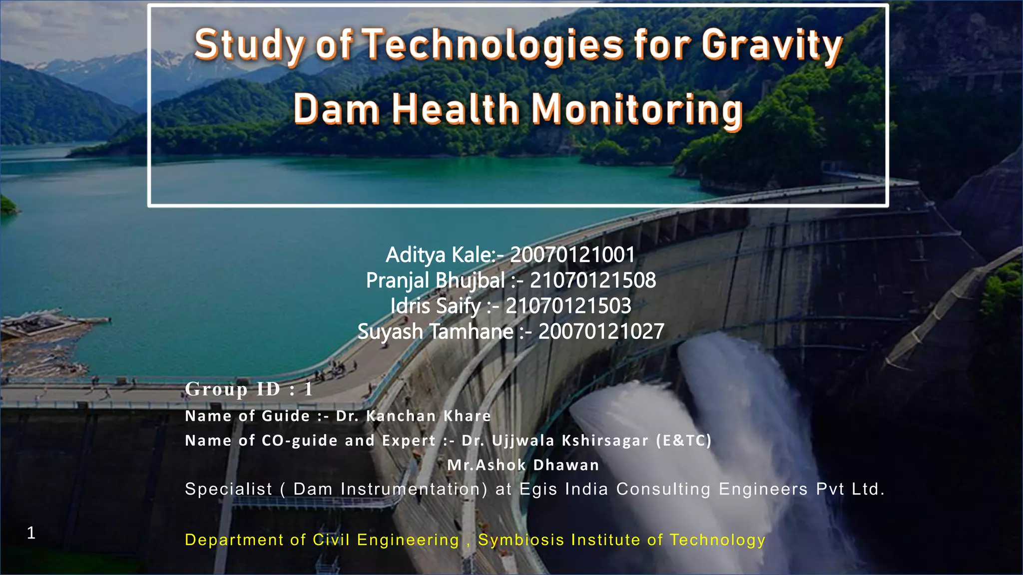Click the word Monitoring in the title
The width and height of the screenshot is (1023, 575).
pyautogui.click(x=637, y=109)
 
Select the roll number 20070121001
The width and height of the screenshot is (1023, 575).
pyautogui.click(x=572, y=255)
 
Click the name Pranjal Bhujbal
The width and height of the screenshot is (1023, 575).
pyautogui.click(x=435, y=281)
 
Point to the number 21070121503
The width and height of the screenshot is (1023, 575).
pyautogui.click(x=568, y=306)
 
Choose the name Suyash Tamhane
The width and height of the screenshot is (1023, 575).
pyautogui.click(x=435, y=332)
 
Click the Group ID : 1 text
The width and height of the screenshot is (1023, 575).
pyautogui.click(x=249, y=389)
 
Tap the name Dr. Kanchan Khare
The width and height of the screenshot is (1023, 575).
pyautogui.click(x=414, y=416)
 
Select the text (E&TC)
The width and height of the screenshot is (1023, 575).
pyautogui.click(x=683, y=440)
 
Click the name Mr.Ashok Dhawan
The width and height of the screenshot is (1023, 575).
pyautogui.click(x=523, y=465)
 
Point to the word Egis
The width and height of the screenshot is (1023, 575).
pyautogui.click(x=538, y=489)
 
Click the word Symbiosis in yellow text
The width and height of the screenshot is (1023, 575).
pyautogui.click(x=521, y=540)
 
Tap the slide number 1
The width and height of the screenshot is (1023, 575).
pyautogui.click(x=31, y=533)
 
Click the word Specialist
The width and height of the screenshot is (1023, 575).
pyautogui.click(x=229, y=489)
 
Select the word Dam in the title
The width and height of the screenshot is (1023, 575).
pyautogui.click(x=336, y=109)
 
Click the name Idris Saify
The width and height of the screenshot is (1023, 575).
pyautogui.click(x=435, y=306)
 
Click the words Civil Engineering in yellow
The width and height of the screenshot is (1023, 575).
pyautogui.click(x=386, y=540)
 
